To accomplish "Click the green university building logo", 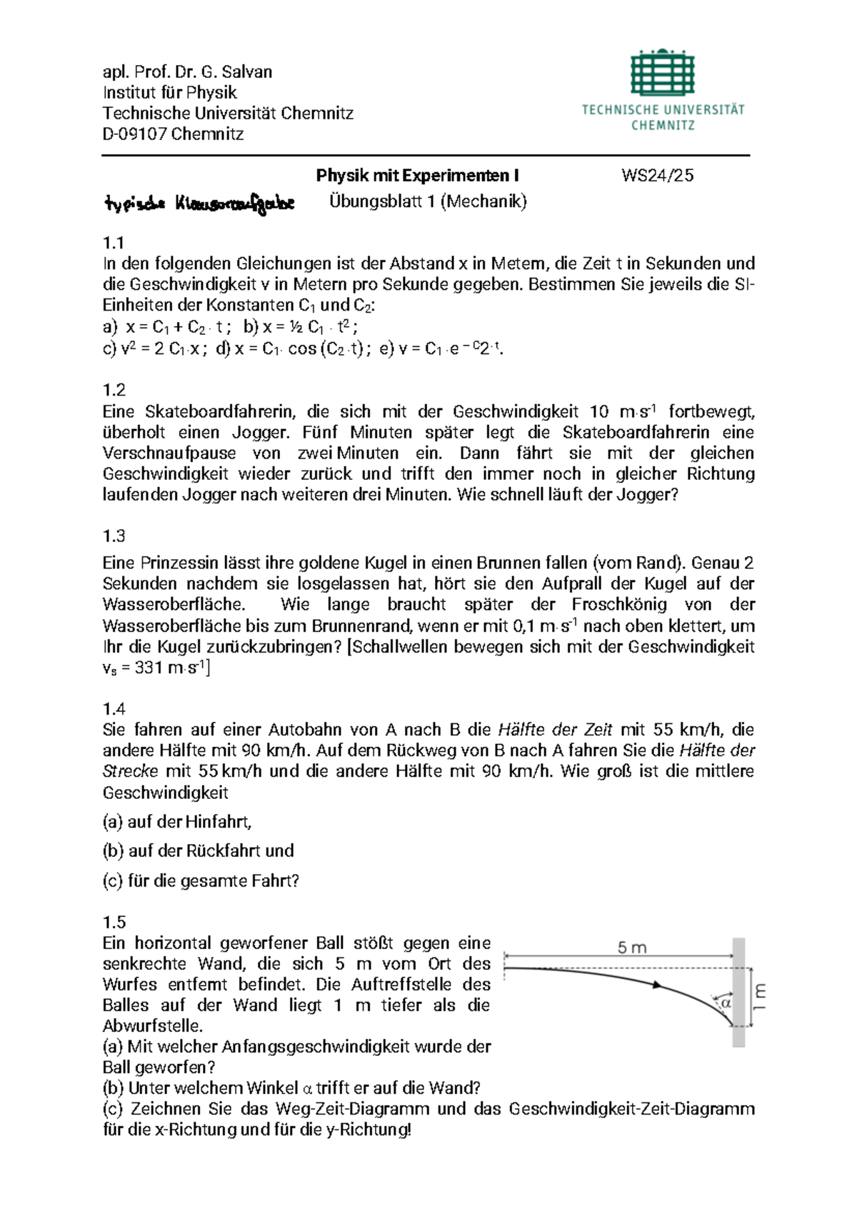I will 662,72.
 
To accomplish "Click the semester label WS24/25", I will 657,176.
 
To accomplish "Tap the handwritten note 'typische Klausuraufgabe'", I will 199,205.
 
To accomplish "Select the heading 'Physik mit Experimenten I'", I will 417,176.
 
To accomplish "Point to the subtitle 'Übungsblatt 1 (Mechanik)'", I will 428,201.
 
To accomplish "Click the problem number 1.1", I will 114,243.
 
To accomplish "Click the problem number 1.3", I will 114,536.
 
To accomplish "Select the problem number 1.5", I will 114,922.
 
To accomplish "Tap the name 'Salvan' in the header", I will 246,72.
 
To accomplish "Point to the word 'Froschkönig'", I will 619,605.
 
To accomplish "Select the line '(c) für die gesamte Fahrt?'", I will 201,881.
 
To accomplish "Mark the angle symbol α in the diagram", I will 726,1003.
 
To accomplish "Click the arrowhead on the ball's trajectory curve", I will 658,985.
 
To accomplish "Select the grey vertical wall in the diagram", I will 738,993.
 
